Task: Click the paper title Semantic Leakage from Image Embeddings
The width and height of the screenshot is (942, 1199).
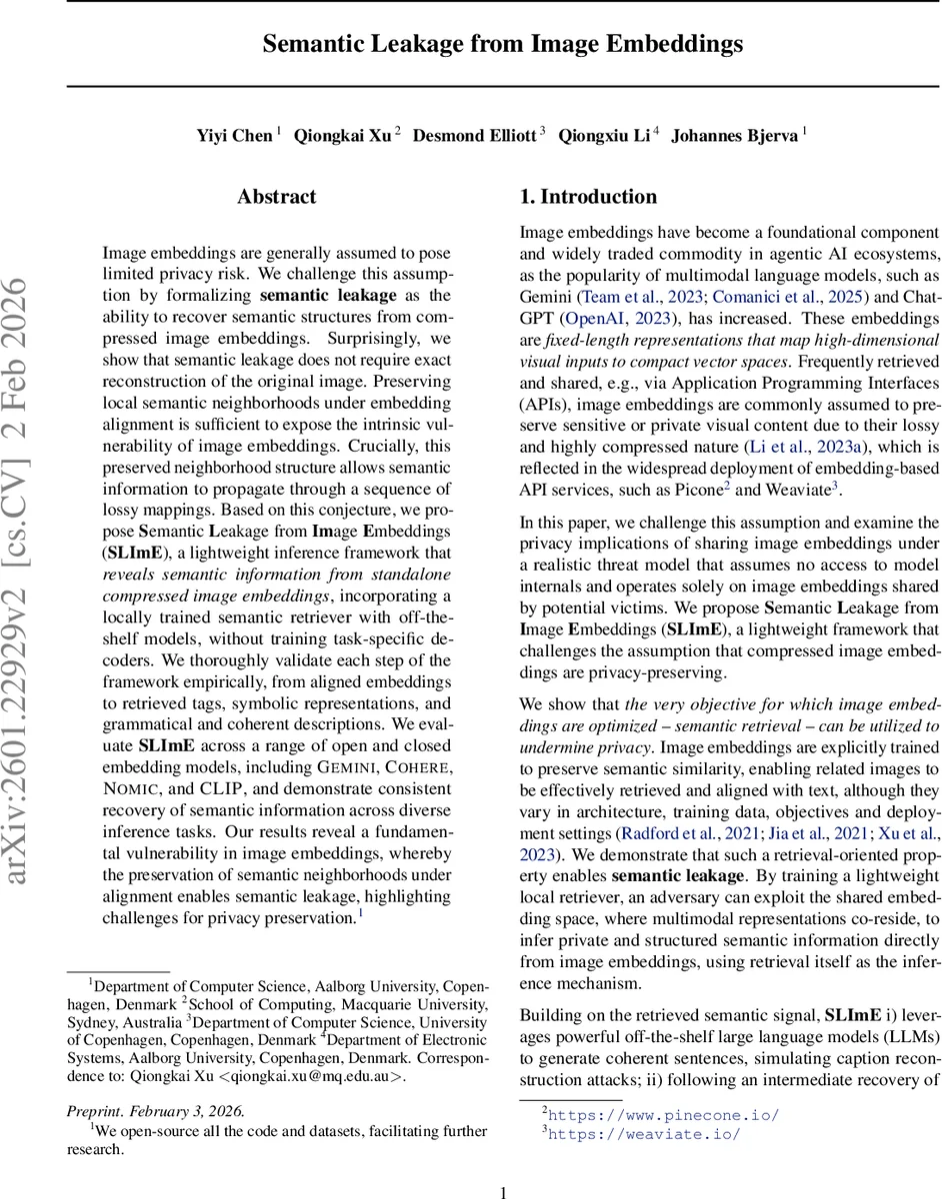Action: [x=503, y=44]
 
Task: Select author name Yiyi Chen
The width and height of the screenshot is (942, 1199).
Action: [x=234, y=135]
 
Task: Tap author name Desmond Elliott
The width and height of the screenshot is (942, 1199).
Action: [x=474, y=135]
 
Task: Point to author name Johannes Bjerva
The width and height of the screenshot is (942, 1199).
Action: [x=734, y=135]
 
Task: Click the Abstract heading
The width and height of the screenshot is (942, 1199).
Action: [x=277, y=197]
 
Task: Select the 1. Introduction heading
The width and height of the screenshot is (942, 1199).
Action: [x=588, y=197]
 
